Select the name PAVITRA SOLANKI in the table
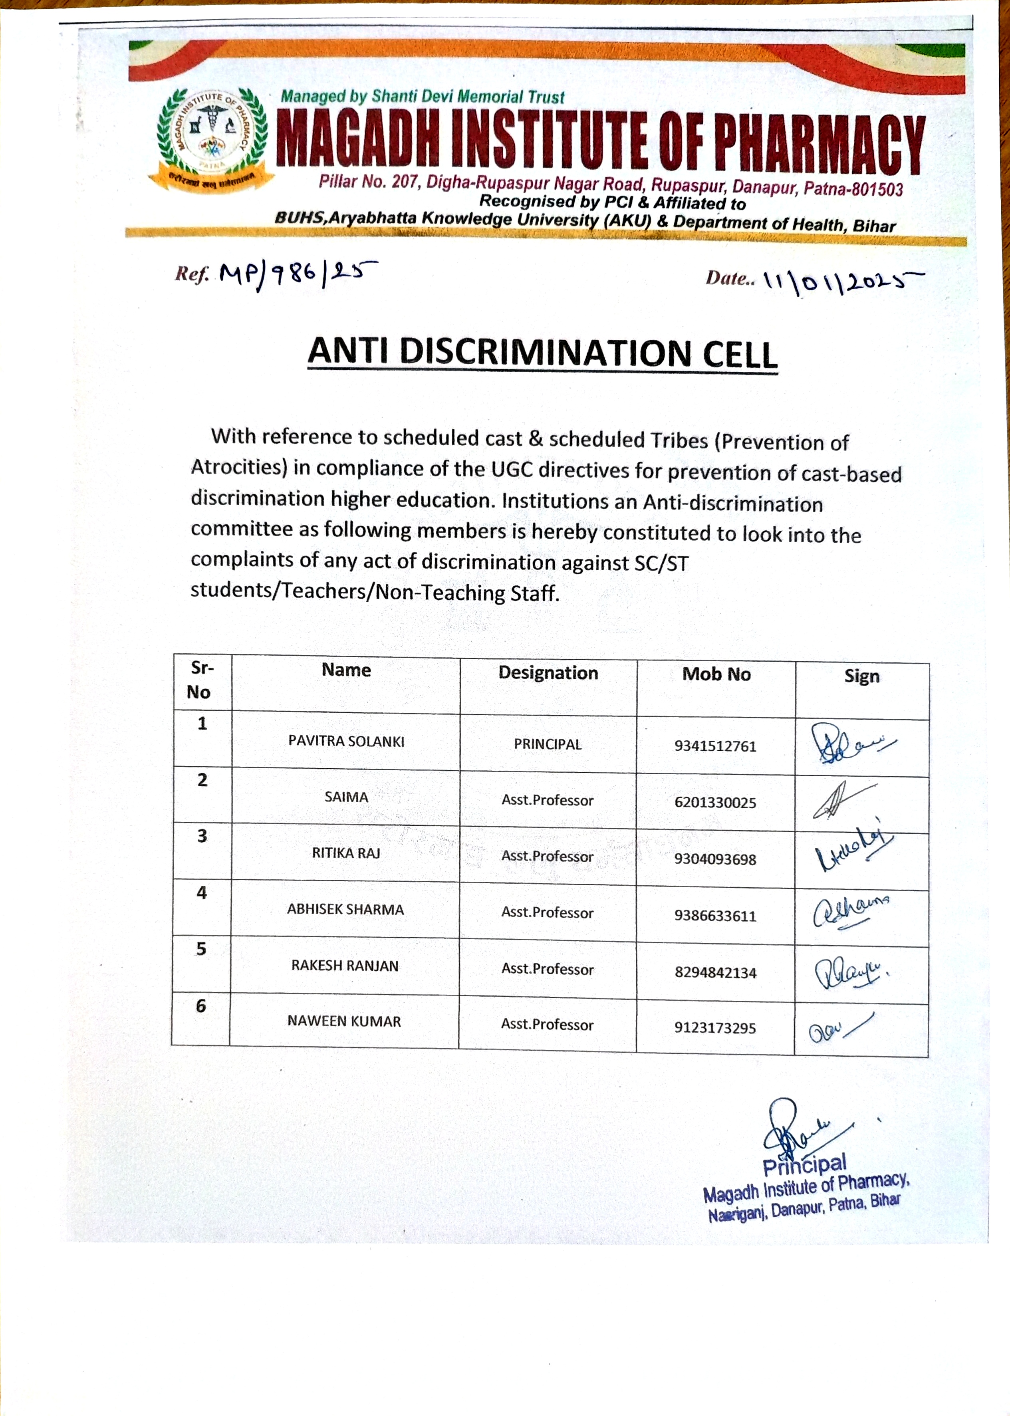pyautogui.click(x=346, y=741)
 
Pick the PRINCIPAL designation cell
pyautogui.click(x=547, y=744)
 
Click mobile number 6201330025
pyautogui.click(x=715, y=803)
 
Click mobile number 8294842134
pyautogui.click(x=715, y=973)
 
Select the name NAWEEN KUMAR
pyautogui.click(x=344, y=1021)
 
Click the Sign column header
pyautogui.click(x=861, y=676)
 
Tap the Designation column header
pyautogui.click(x=548, y=673)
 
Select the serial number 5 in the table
pyautogui.click(x=201, y=949)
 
